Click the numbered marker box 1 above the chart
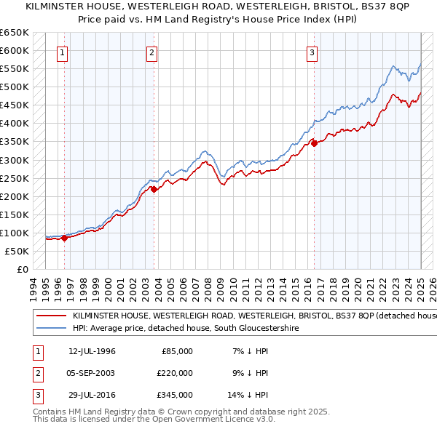[63, 52]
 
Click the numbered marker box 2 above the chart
[151, 52]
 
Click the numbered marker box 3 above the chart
[312, 52]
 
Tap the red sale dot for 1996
[64, 238]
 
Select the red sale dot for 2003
[154, 189]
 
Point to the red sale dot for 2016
[314, 143]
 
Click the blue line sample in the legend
[51, 329]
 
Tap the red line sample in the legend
[51, 316]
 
